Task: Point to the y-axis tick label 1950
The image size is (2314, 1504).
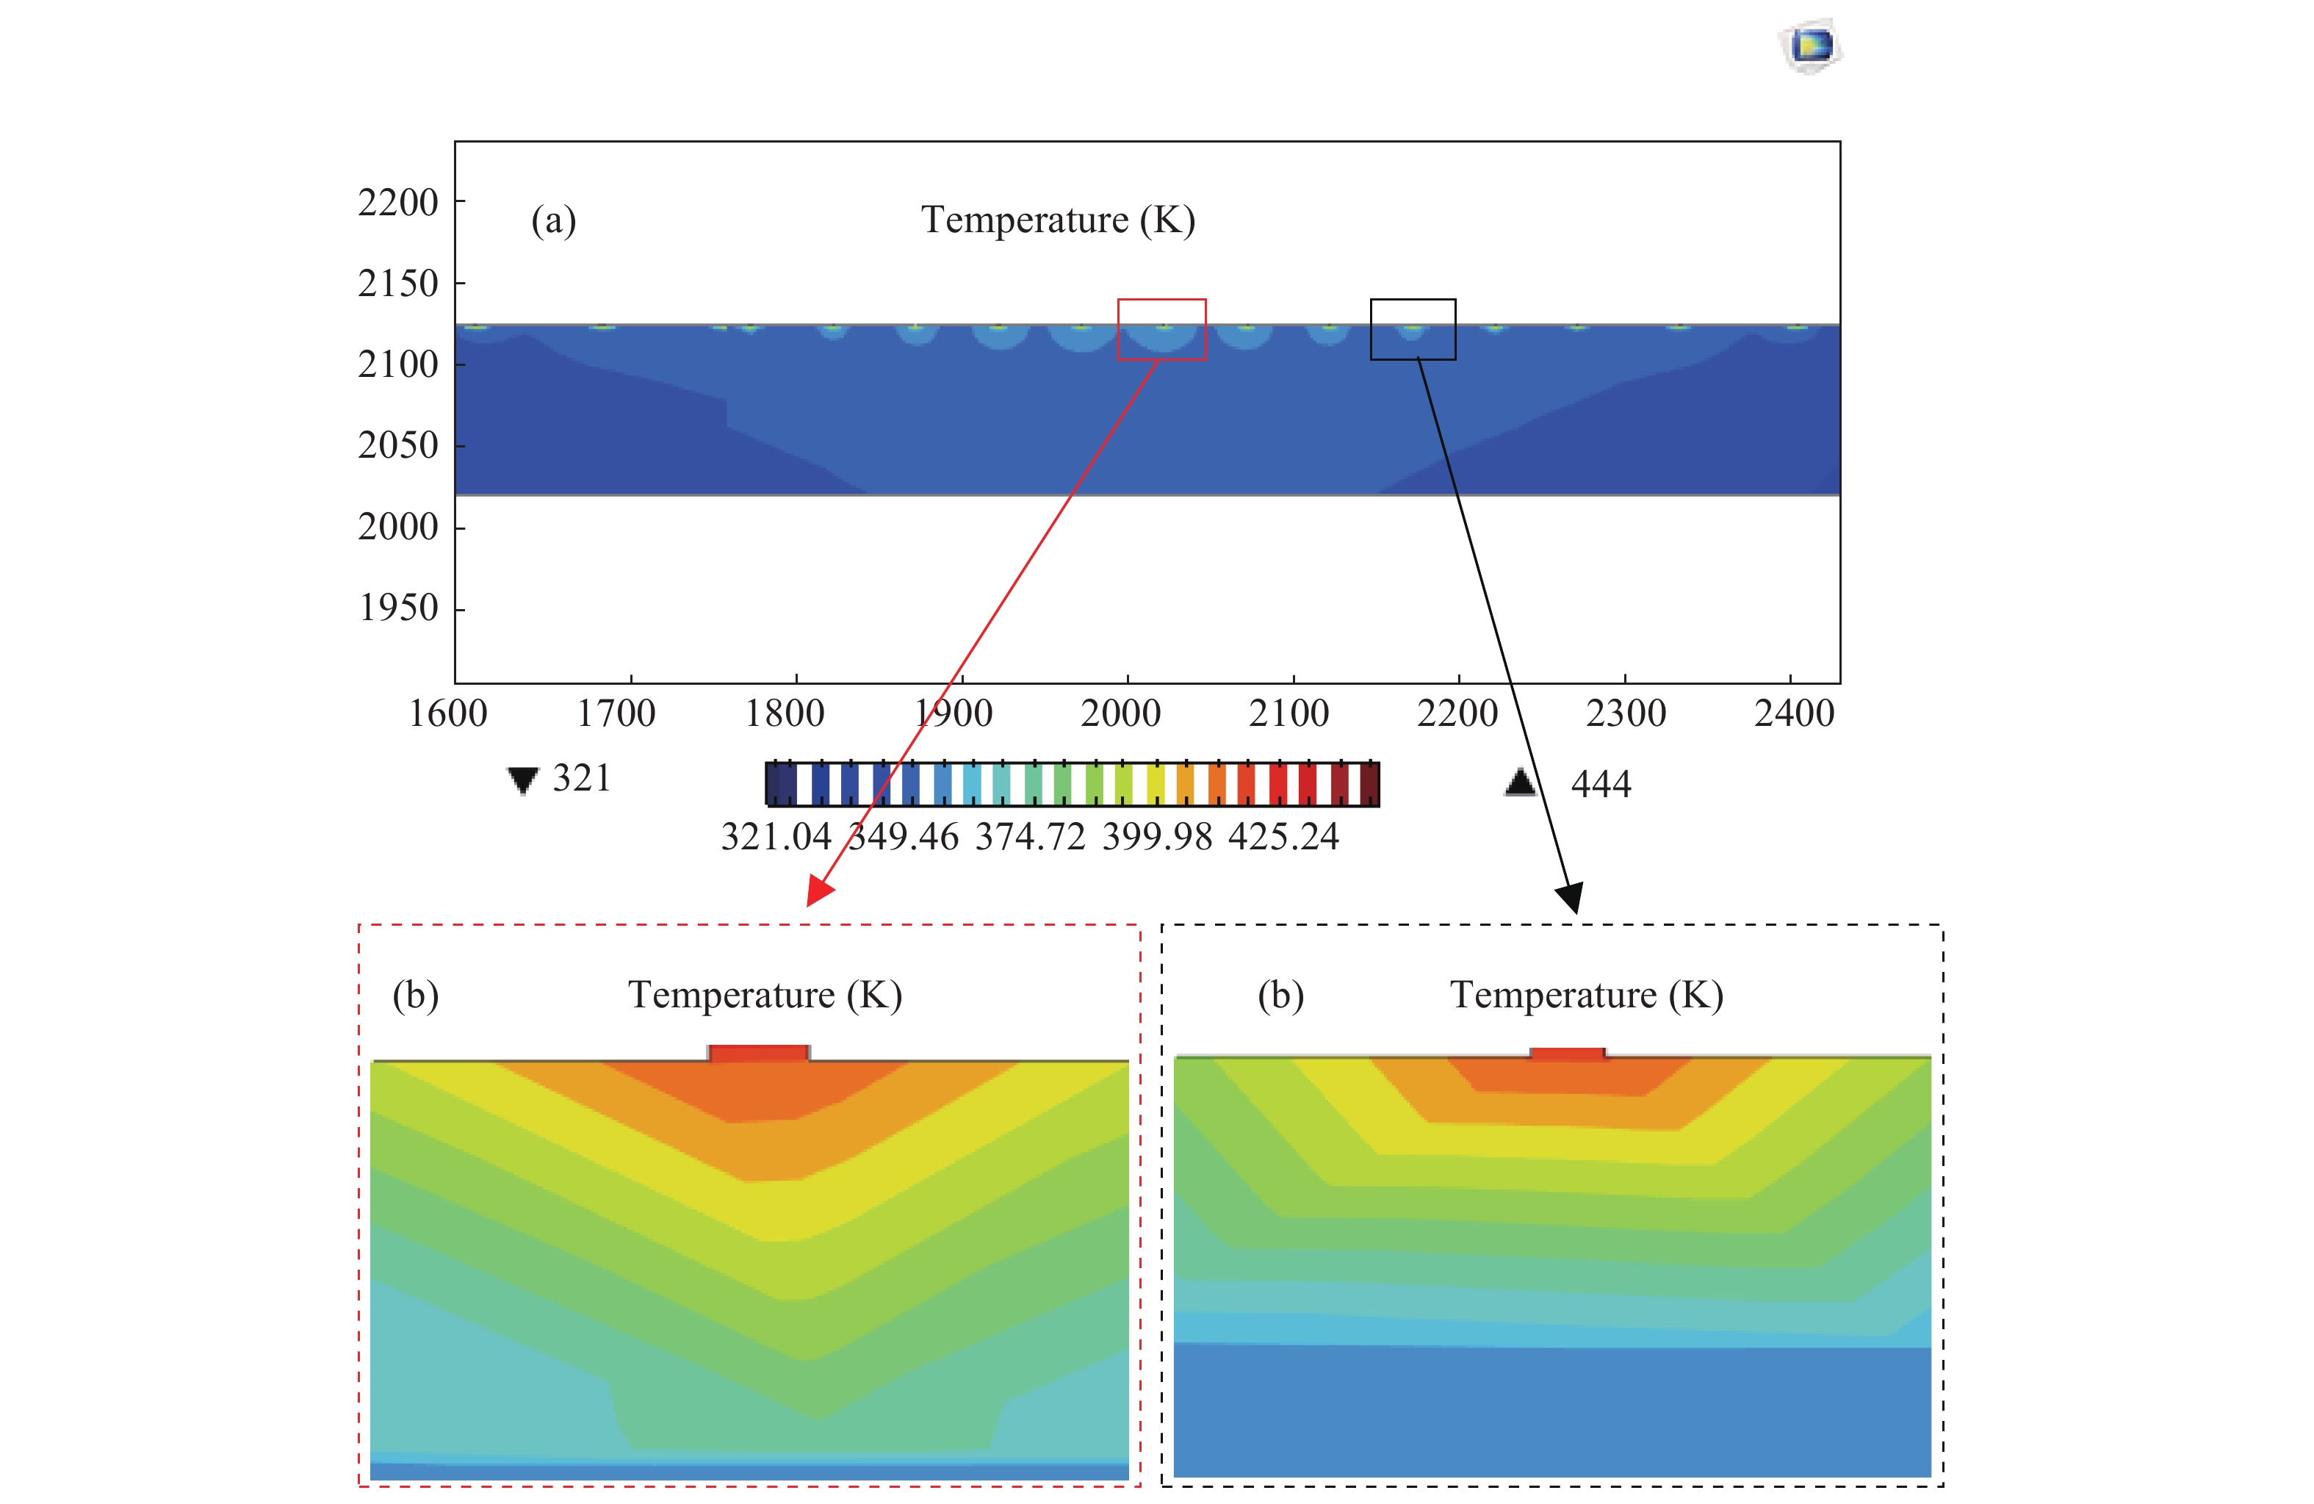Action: point(399,608)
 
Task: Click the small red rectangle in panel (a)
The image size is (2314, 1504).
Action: point(1162,330)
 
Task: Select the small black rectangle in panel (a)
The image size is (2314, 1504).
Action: point(1413,330)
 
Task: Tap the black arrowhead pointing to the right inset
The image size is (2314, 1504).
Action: point(1571,897)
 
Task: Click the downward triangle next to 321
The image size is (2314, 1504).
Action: point(523,780)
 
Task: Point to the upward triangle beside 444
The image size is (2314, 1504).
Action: point(1521,782)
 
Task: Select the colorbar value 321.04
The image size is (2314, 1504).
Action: point(776,837)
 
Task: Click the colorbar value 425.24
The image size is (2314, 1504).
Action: point(1283,837)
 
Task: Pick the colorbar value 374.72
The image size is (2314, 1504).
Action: point(1030,837)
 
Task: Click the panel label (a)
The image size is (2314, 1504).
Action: point(553,220)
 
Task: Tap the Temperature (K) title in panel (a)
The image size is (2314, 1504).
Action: point(1058,220)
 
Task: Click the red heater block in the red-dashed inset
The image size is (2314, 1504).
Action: point(758,1054)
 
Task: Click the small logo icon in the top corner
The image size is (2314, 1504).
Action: point(1810,46)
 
